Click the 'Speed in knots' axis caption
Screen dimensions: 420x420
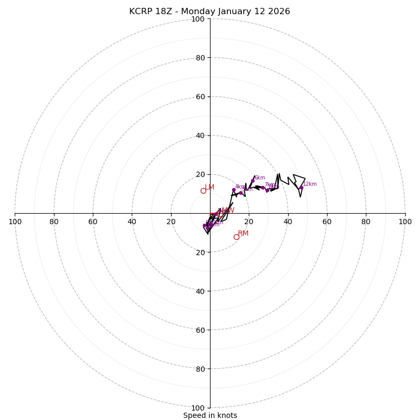(x=210, y=415)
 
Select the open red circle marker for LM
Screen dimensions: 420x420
(x=203, y=191)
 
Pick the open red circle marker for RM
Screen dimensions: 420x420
(x=236, y=237)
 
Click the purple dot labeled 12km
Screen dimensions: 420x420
(x=301, y=188)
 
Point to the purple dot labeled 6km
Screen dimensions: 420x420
(x=253, y=181)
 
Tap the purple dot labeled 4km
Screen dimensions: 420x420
(x=234, y=190)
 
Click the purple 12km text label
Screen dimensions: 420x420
(x=310, y=184)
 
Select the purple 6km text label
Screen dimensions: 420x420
(x=260, y=178)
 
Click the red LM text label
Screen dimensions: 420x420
(x=209, y=187)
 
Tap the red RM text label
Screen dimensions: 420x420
(x=243, y=234)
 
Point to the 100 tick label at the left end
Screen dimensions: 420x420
(x=15, y=222)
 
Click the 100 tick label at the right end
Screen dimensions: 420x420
(x=405, y=222)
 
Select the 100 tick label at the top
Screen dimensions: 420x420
(x=197, y=19)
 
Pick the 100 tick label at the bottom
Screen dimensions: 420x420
(x=197, y=407)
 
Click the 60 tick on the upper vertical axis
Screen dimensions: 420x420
(x=199, y=97)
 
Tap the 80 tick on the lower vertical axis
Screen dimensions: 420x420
(x=199, y=369)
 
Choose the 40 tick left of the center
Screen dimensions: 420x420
(x=132, y=222)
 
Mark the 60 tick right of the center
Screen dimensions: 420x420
(x=327, y=222)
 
